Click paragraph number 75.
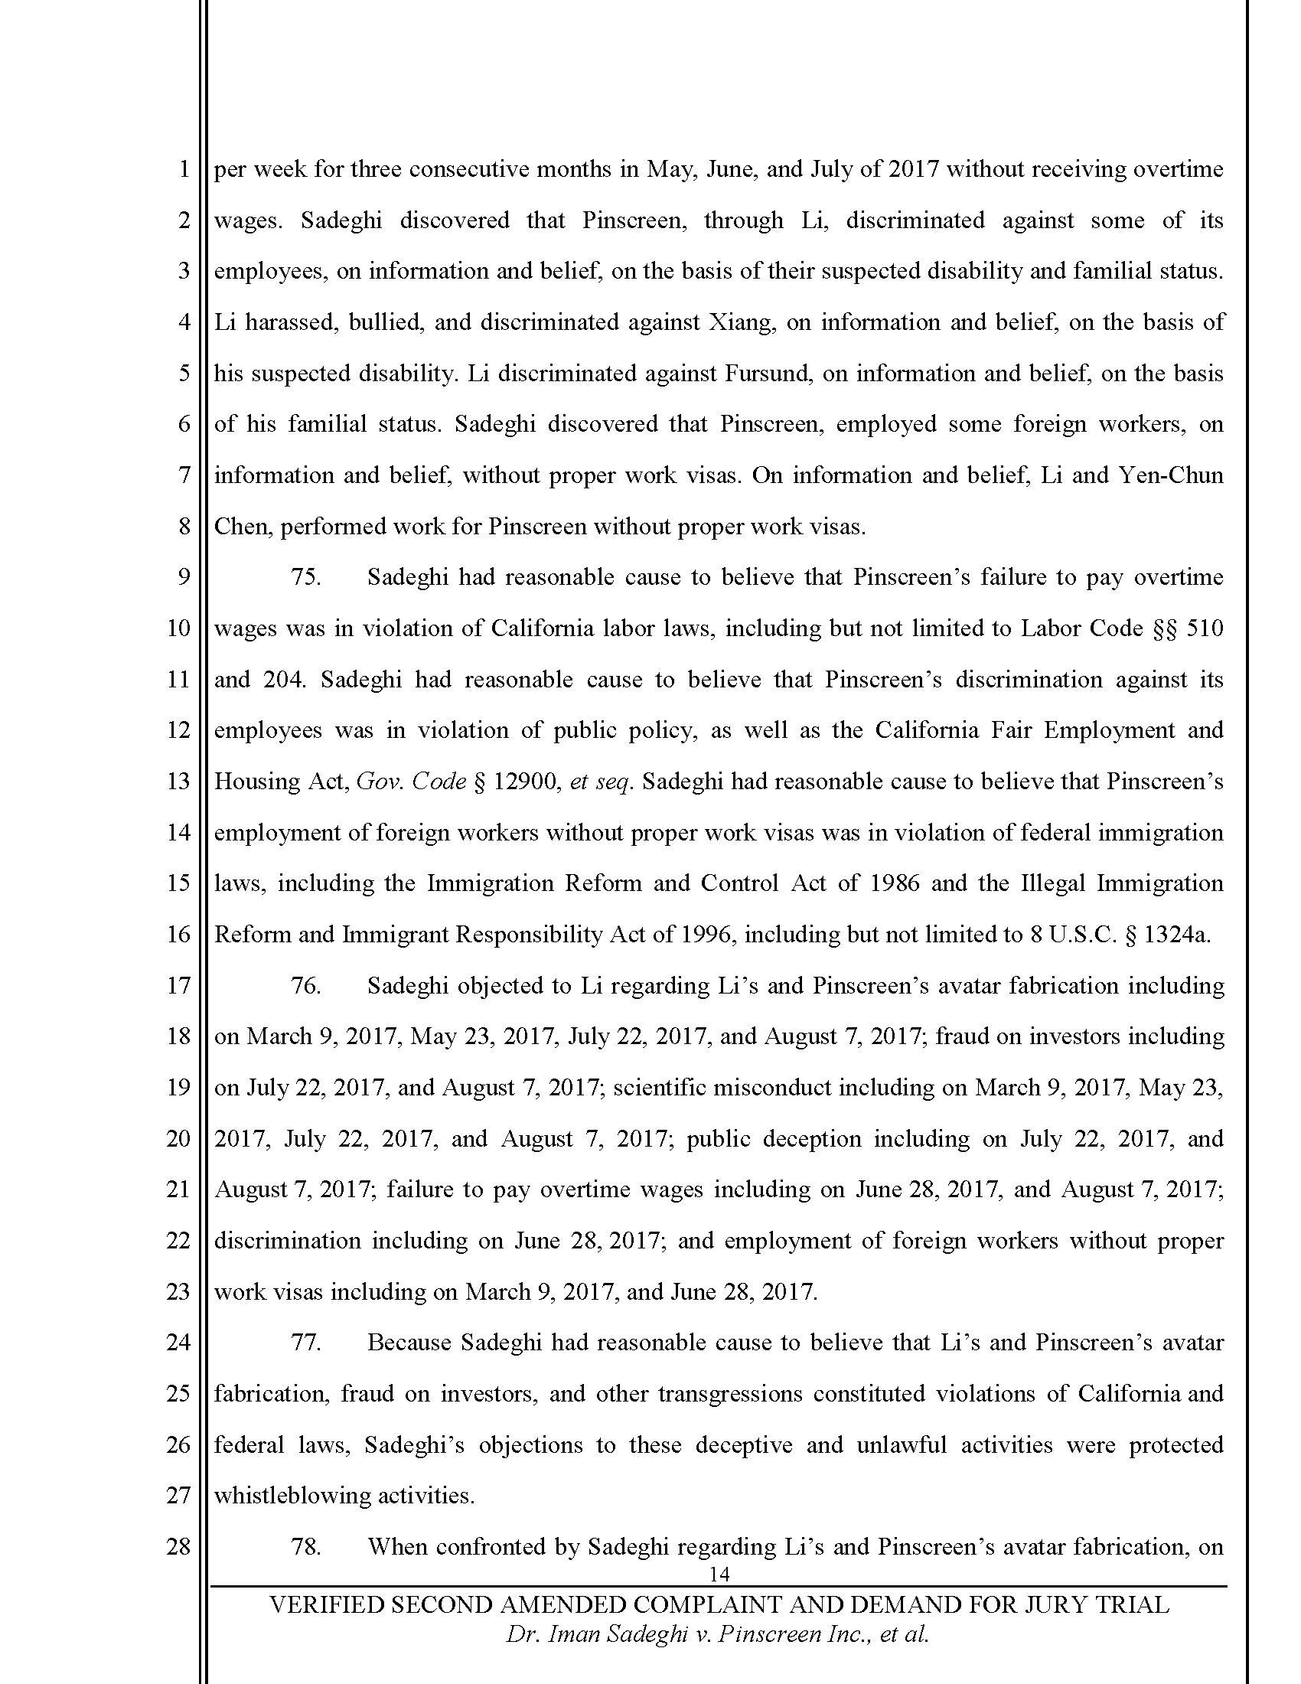coord(305,577)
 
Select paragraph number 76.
coord(305,985)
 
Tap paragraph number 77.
coord(305,1343)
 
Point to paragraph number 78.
coord(305,1547)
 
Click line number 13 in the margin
coord(178,782)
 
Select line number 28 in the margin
coord(178,1547)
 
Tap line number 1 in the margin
coord(184,169)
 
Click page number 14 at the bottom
coord(719,1574)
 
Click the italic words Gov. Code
coord(412,782)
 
